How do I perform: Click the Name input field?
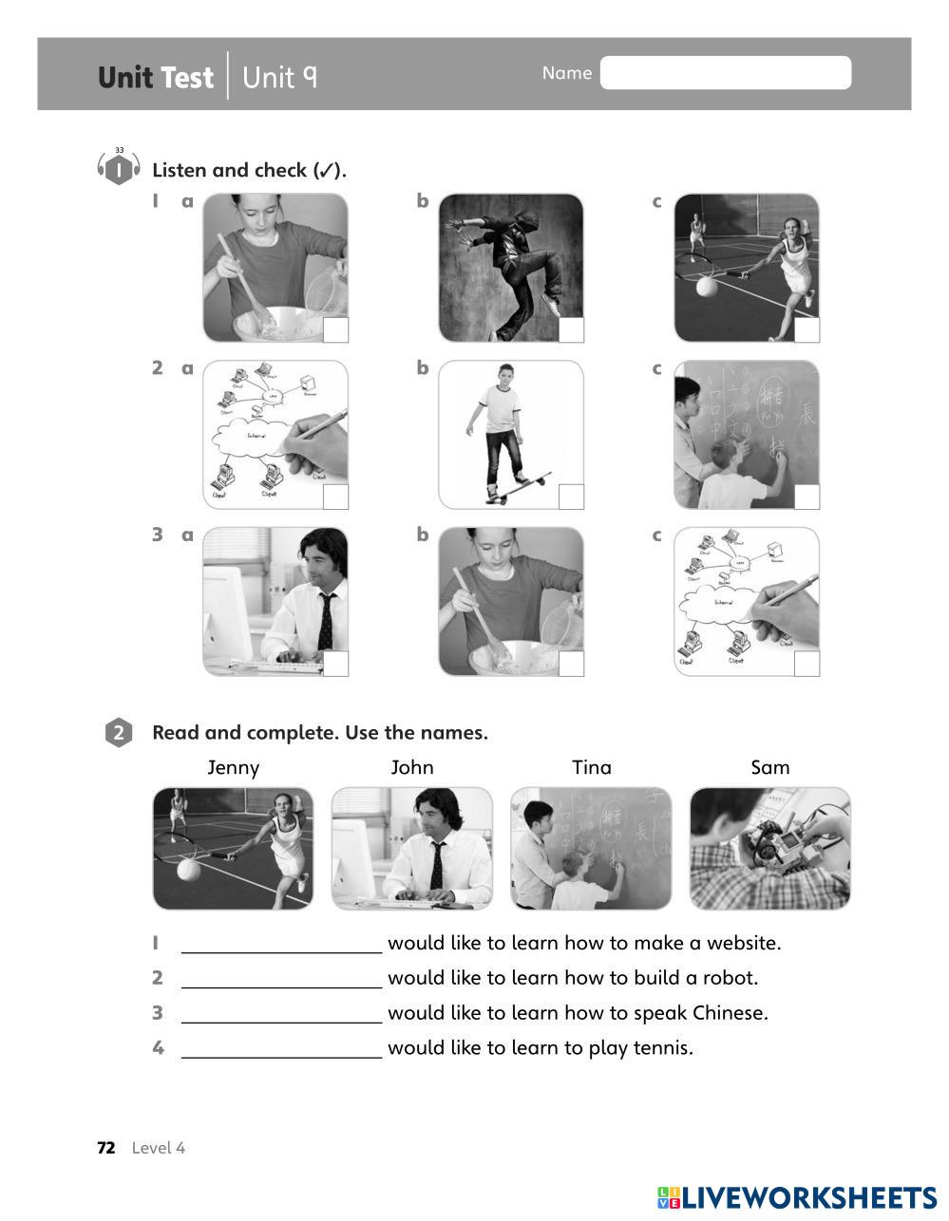[725, 73]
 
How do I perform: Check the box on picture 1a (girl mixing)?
[336, 330]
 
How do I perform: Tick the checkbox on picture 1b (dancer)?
[571, 330]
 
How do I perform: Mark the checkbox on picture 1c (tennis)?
[807, 330]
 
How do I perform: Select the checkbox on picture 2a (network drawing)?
[336, 497]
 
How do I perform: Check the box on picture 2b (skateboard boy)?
[571, 497]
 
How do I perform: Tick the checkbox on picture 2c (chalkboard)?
[807, 497]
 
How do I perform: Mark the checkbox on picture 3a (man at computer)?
[336, 664]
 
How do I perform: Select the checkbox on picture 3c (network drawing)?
[807, 664]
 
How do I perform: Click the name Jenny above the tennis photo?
[233, 767]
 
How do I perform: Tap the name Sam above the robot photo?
[769, 767]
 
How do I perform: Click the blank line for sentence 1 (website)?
[281, 944]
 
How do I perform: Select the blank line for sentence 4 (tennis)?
[281, 1048]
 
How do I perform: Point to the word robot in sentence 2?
[729, 978]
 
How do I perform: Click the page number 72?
[106, 1148]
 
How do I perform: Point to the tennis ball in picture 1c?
[710, 286]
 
